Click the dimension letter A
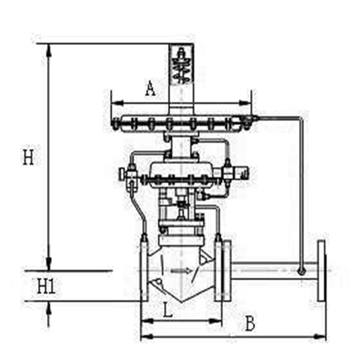150,88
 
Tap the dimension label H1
46,287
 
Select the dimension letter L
168,311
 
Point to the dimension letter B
249,324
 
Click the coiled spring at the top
182,67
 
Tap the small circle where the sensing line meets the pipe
301,271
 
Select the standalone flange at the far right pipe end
322,270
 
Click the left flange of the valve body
144,270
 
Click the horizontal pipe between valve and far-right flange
270,270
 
